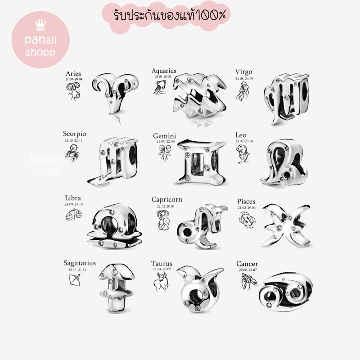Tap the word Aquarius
tap(164, 71)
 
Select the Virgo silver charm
tap(286, 96)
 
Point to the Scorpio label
tap(75, 134)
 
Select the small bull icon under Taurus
tap(158, 283)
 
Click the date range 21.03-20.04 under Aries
tap(74, 79)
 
